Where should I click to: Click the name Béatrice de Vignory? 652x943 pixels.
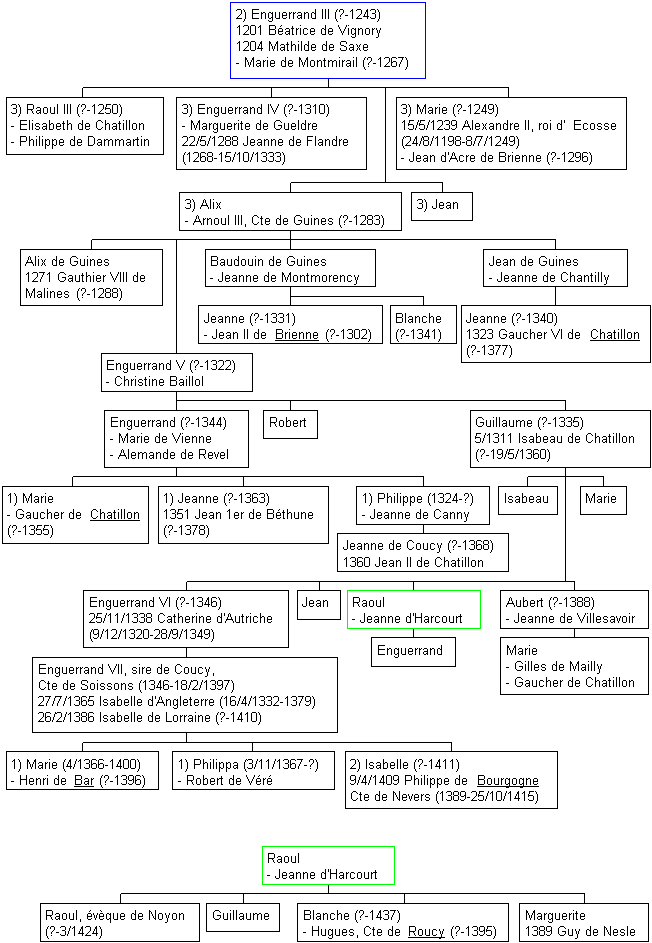point(324,31)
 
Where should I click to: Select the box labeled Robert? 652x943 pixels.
point(291,425)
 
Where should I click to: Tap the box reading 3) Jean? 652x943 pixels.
point(442,206)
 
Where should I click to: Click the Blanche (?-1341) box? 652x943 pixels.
point(423,325)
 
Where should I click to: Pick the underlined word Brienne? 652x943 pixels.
point(297,335)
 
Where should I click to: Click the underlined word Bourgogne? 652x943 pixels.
point(508,781)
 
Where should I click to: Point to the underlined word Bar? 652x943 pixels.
point(84,781)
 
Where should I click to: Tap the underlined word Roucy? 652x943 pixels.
point(426,932)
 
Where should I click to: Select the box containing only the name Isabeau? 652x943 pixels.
point(527,500)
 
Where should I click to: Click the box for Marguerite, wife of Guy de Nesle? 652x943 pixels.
point(585,923)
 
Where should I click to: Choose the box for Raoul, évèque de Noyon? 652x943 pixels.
point(120,923)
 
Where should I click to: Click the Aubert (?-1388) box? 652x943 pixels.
point(574,610)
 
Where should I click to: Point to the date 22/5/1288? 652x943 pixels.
point(209,141)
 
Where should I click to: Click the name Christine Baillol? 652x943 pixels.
point(159,382)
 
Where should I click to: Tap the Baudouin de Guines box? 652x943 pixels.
point(290,268)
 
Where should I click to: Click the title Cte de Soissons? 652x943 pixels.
point(76,686)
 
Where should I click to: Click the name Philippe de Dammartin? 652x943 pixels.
point(84,142)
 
